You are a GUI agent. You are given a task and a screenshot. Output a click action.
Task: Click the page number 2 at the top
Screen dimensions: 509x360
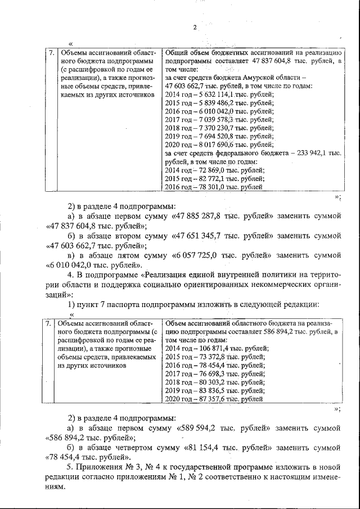coord(194,27)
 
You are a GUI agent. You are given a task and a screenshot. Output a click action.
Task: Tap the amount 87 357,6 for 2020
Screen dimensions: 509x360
coord(209,399)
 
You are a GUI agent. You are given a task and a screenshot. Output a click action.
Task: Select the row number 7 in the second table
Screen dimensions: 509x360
coord(49,323)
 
